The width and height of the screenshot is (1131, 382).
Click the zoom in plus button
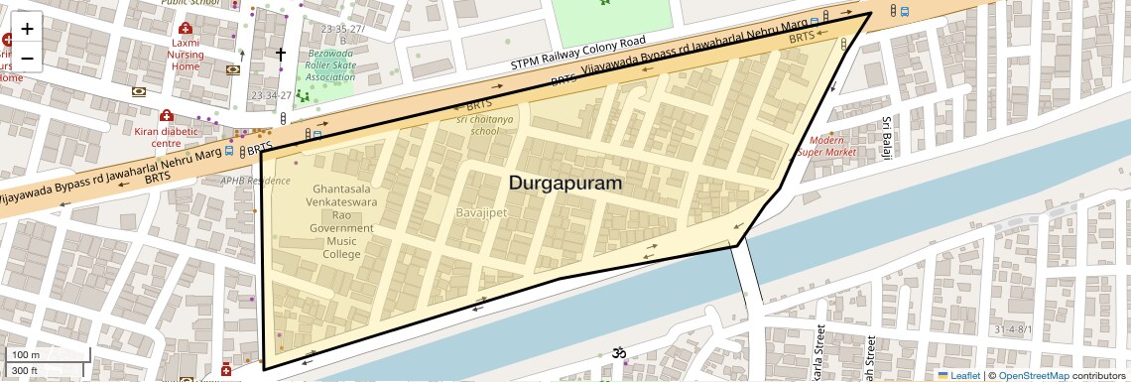[27, 28]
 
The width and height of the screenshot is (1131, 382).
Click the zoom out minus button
[27, 57]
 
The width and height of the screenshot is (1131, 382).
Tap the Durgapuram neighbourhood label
[565, 184]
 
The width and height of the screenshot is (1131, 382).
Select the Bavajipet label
[481, 213]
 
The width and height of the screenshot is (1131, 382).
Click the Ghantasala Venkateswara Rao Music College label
[341, 221]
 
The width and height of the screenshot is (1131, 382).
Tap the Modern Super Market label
[826, 146]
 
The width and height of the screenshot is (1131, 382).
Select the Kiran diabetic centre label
[167, 136]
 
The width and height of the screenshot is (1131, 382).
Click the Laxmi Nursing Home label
[186, 55]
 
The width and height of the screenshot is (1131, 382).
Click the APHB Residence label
[255, 181]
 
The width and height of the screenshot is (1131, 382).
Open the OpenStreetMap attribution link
[1033, 375]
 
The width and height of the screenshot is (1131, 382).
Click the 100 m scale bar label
[26, 355]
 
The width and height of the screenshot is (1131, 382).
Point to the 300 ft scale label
[25, 371]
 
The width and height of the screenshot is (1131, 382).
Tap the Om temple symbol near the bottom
[620, 352]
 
